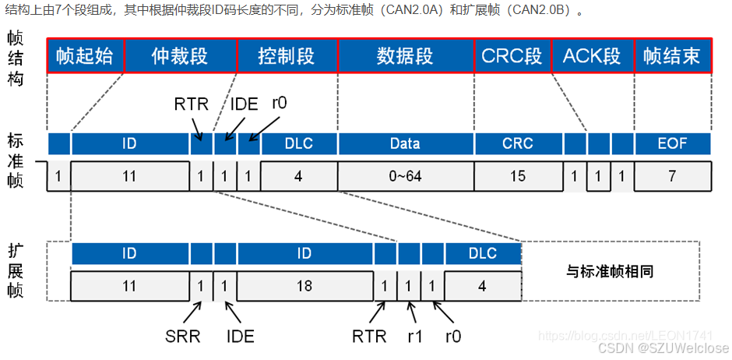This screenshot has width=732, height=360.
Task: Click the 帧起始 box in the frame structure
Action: (85, 57)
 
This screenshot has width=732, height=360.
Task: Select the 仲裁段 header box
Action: (180, 57)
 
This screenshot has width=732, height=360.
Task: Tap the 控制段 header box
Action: (287, 57)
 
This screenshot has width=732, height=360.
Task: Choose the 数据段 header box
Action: (405, 57)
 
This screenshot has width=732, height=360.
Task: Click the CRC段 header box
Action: (512, 57)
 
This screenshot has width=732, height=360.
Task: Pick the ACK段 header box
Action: (592, 57)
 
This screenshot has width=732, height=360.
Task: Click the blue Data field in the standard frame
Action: (405, 143)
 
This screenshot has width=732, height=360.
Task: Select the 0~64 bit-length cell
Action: (405, 176)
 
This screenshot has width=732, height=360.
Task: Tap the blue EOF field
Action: (672, 143)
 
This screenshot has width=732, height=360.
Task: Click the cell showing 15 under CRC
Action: (518, 176)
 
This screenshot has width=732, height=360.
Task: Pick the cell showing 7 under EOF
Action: (672, 176)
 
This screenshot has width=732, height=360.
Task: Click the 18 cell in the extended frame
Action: (304, 286)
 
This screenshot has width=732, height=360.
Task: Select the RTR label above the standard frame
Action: (191, 104)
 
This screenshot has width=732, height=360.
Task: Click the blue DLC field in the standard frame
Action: (299, 143)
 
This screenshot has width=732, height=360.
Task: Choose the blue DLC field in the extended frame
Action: (483, 253)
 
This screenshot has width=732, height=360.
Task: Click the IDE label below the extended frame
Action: (240, 337)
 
